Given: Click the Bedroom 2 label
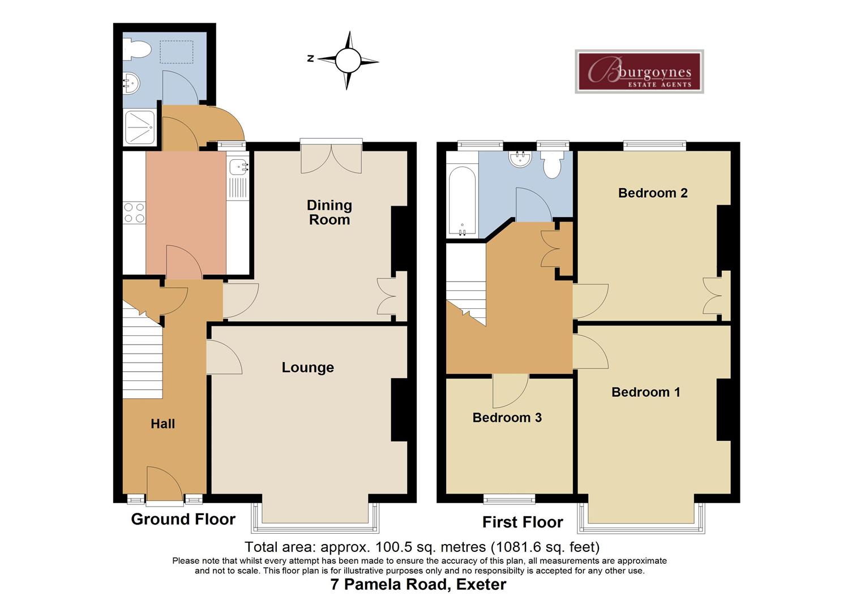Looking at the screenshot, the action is tap(653, 193).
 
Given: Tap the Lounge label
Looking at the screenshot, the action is tap(308, 368).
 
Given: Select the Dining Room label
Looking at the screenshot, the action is tap(329, 212).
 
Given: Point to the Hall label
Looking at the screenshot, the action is tap(163, 424).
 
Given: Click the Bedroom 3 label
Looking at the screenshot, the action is tap(507, 418).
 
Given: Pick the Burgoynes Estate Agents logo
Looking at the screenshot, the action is tap(639, 71).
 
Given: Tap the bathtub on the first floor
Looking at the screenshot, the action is tap(462, 201).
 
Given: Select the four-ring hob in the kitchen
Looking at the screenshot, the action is tap(134, 212).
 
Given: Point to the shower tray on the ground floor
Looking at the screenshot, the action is tap(140, 127).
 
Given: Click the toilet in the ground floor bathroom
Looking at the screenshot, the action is tap(137, 50).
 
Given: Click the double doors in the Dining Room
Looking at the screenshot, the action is tap(331, 159).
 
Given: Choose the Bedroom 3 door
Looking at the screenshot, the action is tap(511, 391).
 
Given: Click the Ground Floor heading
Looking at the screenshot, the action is tap(183, 519).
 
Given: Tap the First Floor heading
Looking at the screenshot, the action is tap(523, 522).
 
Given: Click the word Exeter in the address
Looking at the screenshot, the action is tap(481, 584).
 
